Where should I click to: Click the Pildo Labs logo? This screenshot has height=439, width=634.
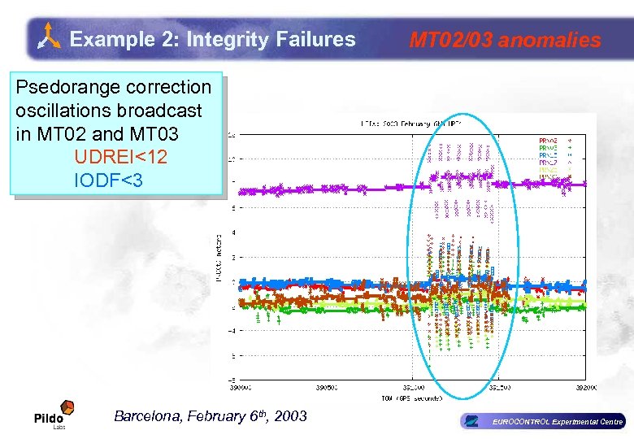click(x=54, y=415)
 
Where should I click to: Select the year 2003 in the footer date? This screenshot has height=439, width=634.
click(x=291, y=416)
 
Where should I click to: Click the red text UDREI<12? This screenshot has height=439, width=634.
click(x=120, y=157)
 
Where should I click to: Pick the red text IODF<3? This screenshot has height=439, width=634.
click(x=107, y=180)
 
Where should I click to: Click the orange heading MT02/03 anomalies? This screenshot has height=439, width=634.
click(x=505, y=40)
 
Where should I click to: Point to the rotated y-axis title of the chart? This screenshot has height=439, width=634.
click(x=219, y=255)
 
